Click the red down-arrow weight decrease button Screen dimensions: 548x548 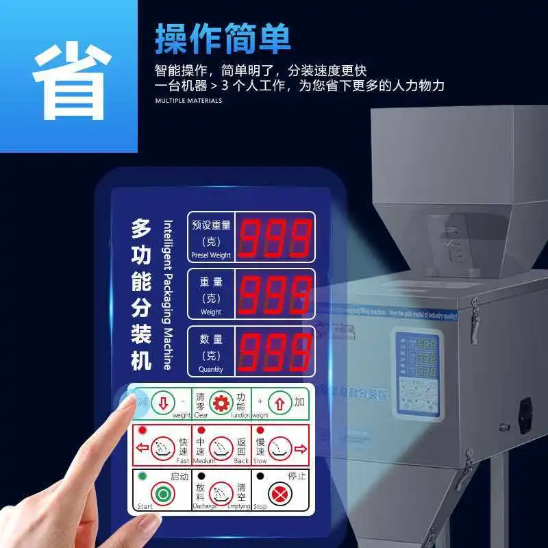point(162,401)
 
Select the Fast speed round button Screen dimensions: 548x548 point(162,448)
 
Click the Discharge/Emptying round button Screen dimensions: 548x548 point(221,493)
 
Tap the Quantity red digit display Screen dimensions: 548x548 point(275,351)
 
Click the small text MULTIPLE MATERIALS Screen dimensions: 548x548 point(188,101)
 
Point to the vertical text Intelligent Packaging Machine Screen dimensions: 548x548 point(168,295)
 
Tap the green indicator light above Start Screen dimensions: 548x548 point(142,476)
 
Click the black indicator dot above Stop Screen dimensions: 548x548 point(260,475)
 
